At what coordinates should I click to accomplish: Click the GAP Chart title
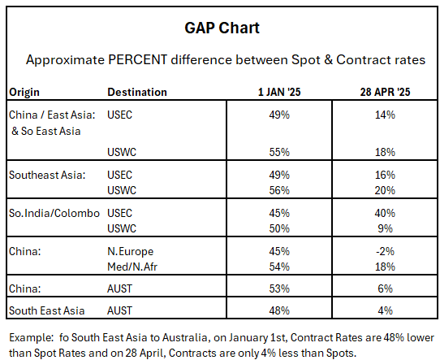pyautogui.click(x=222, y=28)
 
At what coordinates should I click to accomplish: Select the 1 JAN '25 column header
pyautogui.click(x=279, y=92)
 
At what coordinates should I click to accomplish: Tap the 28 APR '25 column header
pyautogui.click(x=385, y=92)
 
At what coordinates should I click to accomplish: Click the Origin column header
pyautogui.click(x=24, y=93)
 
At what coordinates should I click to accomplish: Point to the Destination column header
pyautogui.click(x=137, y=92)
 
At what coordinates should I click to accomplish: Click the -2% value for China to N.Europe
pyautogui.click(x=385, y=251)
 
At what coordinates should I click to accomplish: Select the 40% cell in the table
pyautogui.click(x=385, y=213)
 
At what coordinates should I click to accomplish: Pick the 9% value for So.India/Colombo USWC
pyautogui.click(x=385, y=228)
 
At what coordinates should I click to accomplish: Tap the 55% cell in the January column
pyautogui.click(x=279, y=152)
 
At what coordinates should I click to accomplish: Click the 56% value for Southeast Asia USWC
pyautogui.click(x=279, y=190)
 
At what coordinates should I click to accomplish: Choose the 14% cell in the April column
pyautogui.click(x=385, y=115)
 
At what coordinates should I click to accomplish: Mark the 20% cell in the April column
pyautogui.click(x=385, y=190)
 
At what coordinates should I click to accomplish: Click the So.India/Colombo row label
pyautogui.click(x=54, y=213)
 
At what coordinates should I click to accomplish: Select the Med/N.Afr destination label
pyautogui.click(x=132, y=267)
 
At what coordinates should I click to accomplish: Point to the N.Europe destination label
pyautogui.click(x=131, y=252)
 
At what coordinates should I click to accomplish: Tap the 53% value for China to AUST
pyautogui.click(x=279, y=288)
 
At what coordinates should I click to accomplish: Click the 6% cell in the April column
pyautogui.click(x=385, y=288)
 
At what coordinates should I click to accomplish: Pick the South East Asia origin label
pyautogui.click(x=46, y=310)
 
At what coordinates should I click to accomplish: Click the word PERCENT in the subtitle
pyautogui.click(x=137, y=60)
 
